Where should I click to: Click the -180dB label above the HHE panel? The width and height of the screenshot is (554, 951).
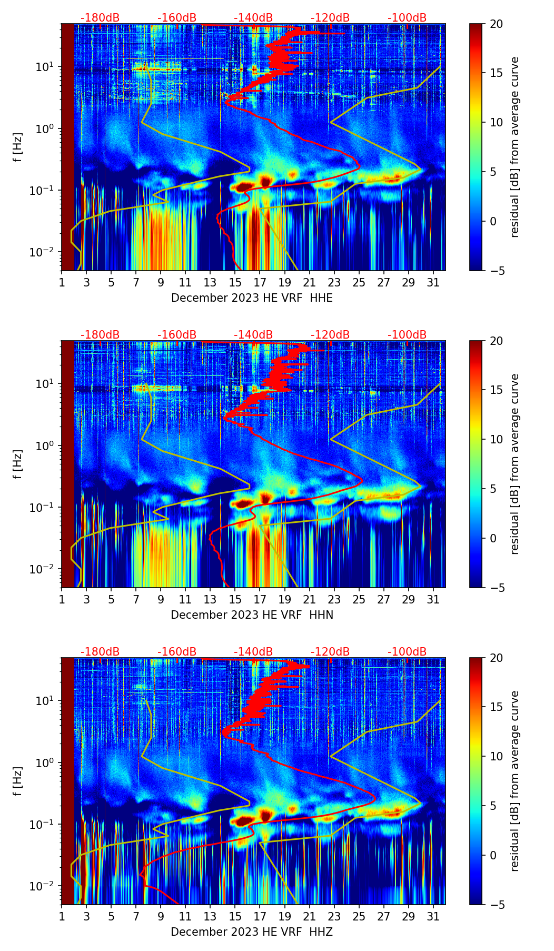coord(100,18)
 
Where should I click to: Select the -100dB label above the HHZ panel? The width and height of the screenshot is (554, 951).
coord(407,652)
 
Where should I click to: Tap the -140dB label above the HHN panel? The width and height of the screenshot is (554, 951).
coord(253,335)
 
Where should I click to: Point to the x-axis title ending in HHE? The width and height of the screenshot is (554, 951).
coord(252,298)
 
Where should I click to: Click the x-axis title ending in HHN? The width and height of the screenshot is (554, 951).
coord(252,615)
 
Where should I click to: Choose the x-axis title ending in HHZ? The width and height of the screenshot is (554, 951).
coord(252,932)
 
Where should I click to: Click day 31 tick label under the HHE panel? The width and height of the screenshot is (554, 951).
coord(433,282)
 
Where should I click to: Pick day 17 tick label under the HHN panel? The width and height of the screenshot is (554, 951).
coord(260,599)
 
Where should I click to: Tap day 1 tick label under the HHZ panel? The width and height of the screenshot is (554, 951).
coord(62,916)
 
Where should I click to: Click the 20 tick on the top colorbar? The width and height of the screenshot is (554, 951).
coord(496,24)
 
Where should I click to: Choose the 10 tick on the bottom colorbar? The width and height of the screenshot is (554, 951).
coord(496,757)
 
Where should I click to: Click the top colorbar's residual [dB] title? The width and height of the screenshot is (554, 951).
coord(515,147)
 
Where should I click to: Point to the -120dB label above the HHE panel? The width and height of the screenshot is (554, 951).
coord(330,18)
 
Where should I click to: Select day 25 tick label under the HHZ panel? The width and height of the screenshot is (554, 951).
coord(359,916)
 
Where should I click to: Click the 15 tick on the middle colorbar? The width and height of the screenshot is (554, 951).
coord(496,390)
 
